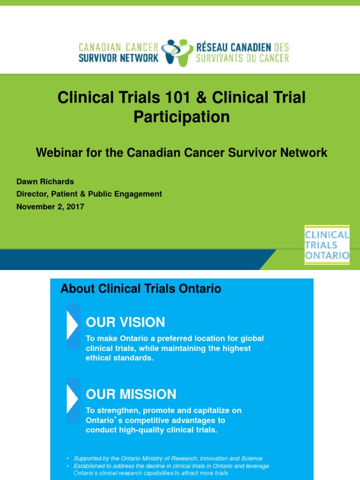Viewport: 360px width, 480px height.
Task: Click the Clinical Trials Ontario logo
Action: pos(327,245)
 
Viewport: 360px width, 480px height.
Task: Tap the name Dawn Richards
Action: pos(45,181)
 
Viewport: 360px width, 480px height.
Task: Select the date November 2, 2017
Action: pos(50,206)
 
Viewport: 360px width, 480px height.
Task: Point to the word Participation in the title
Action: pos(181,116)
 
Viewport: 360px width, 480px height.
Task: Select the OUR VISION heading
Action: pos(125,322)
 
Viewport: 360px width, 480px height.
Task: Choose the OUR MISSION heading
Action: pos(131,394)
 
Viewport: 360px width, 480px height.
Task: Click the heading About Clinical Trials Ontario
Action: pos(141,288)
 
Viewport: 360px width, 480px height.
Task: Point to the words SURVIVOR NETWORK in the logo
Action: pos(119,58)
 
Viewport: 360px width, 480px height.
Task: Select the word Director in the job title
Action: pos(31,194)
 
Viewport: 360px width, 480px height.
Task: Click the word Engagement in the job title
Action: pos(140,194)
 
